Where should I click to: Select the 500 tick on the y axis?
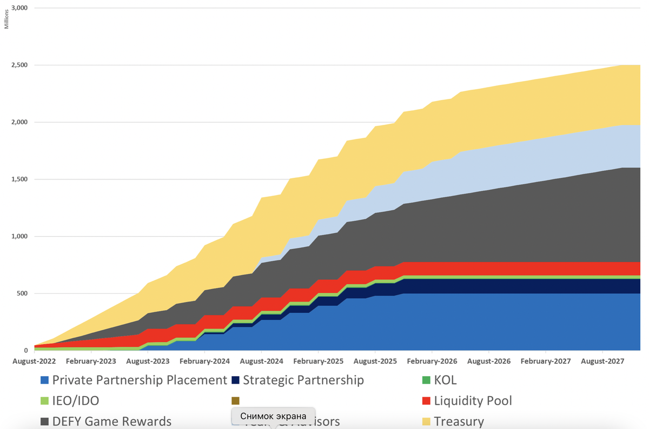pyautogui.click(x=23, y=294)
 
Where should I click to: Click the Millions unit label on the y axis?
pyautogui.click(x=6, y=19)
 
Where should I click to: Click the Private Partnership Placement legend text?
pyautogui.click(x=140, y=380)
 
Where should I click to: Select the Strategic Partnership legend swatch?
pyautogui.click(x=236, y=380)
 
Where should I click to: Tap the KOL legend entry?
pyautogui.click(x=445, y=380)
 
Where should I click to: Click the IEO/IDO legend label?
pyautogui.click(x=76, y=401)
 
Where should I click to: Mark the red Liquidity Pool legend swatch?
pyautogui.click(x=426, y=401)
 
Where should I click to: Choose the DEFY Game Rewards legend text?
pyautogui.click(x=112, y=421)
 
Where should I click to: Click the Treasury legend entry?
pyautogui.click(x=459, y=421)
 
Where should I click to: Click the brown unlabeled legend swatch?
pyautogui.click(x=235, y=401)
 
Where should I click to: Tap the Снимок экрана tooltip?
pyautogui.click(x=273, y=416)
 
